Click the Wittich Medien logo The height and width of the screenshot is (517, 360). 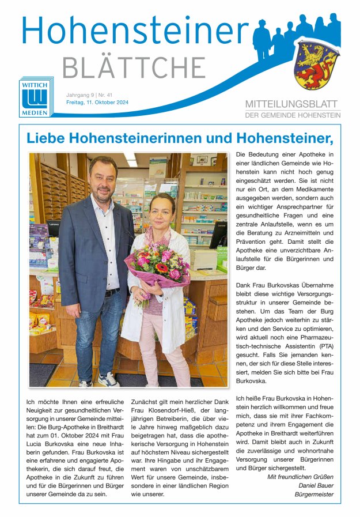click(35, 97)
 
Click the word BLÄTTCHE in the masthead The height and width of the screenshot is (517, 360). click(134, 68)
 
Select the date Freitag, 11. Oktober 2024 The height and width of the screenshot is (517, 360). click(97, 103)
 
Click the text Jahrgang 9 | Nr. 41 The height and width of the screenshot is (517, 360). click(89, 94)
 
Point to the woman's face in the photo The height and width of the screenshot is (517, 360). click(162, 210)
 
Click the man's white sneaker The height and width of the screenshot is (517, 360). click(108, 379)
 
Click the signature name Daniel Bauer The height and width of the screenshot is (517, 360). click(315, 485)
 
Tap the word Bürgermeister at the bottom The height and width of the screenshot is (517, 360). click(314, 495)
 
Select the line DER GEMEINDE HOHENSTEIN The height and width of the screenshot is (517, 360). click(293, 115)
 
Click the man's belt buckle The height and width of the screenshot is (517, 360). click(108, 293)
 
